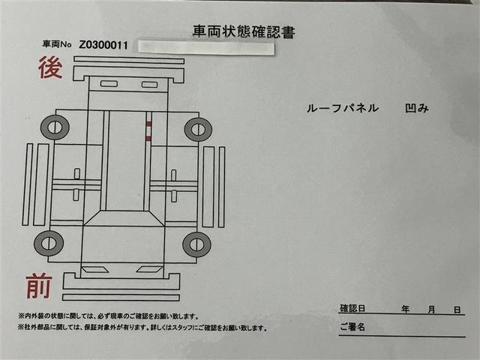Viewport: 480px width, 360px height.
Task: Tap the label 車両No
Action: click(x=57, y=46)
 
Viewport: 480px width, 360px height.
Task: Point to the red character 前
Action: click(x=39, y=286)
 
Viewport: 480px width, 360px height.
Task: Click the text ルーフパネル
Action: click(x=343, y=108)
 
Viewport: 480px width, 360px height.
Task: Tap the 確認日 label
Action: click(x=352, y=308)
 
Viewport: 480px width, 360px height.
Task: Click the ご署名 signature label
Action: click(x=352, y=328)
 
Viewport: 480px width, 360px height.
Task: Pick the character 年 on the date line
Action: click(x=405, y=309)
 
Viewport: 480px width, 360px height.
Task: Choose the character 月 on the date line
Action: click(x=431, y=309)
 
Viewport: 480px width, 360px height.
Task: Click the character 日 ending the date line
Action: click(x=457, y=309)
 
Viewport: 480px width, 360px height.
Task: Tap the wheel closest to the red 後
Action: click(x=55, y=127)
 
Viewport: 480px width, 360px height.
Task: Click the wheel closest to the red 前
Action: click(x=48, y=242)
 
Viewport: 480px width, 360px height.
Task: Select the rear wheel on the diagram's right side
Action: click(x=197, y=129)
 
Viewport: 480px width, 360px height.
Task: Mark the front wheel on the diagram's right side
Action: click(x=196, y=243)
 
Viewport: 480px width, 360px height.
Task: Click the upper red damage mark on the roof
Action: click(x=148, y=124)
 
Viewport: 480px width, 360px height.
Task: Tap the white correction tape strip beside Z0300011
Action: click(x=205, y=46)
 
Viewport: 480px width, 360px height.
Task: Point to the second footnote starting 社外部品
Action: click(x=142, y=328)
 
